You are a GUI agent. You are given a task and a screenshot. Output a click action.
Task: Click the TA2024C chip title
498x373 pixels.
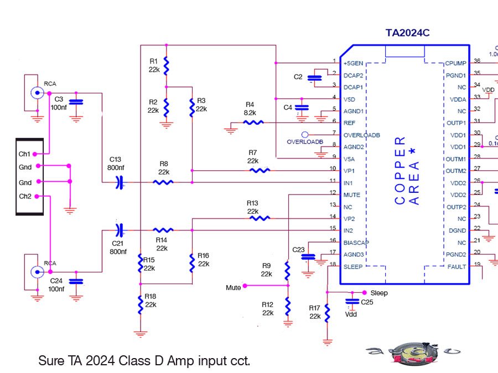(407, 33)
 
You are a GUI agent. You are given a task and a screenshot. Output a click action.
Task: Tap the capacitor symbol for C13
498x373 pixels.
(119, 182)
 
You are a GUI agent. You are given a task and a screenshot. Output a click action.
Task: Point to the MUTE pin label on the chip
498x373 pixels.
(352, 195)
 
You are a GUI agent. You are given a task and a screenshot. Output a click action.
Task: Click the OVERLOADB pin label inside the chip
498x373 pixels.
(362, 135)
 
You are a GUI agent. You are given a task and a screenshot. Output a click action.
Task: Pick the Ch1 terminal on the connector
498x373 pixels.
(25, 154)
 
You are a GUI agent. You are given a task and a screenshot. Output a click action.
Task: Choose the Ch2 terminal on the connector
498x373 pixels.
(25, 196)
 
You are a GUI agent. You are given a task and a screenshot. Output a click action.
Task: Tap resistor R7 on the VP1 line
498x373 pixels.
(260, 170)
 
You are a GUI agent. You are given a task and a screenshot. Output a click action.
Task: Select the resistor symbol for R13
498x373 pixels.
(260, 218)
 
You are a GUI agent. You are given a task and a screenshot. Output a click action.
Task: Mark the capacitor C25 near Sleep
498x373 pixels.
(350, 301)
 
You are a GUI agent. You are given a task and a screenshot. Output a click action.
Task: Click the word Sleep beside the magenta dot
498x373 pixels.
(380, 292)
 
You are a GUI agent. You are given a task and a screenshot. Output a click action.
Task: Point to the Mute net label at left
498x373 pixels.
(233, 287)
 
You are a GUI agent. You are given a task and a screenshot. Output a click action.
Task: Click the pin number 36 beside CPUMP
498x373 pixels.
(477, 61)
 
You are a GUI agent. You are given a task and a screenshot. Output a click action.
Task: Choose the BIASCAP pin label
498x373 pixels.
(356, 242)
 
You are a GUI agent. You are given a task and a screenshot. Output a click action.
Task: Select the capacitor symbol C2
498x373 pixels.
(316, 77)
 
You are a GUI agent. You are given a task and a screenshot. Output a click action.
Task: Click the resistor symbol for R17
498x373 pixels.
(327, 313)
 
